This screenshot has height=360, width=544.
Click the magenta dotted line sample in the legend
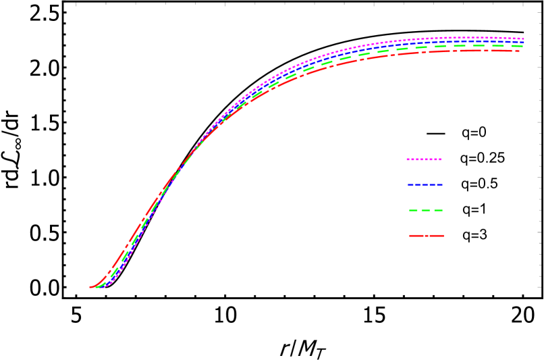pos(424,159)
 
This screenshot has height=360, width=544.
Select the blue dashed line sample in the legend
pos(425,184)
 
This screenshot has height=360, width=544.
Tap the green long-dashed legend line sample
pos(425,210)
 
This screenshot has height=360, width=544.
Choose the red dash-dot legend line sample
pos(426,236)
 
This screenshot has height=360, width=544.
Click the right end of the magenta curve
pos(524,38)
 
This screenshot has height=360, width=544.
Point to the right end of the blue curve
pos(524,42)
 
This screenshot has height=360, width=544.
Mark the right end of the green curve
pos(522,46)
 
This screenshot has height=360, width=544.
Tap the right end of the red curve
pos(518,51)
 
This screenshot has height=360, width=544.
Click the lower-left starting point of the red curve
pos(90,288)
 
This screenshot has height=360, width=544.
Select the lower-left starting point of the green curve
pos(94,288)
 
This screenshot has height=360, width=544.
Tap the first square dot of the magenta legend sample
pos(408,159)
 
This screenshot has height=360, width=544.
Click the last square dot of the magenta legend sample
pos(439,159)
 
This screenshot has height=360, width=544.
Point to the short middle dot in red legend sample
pos(426,236)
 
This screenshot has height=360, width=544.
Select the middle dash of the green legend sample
pos(425,210)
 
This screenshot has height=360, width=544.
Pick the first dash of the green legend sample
pos(412,210)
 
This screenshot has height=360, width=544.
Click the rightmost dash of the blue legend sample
pos(439,184)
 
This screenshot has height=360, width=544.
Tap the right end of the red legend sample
pos(443,236)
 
